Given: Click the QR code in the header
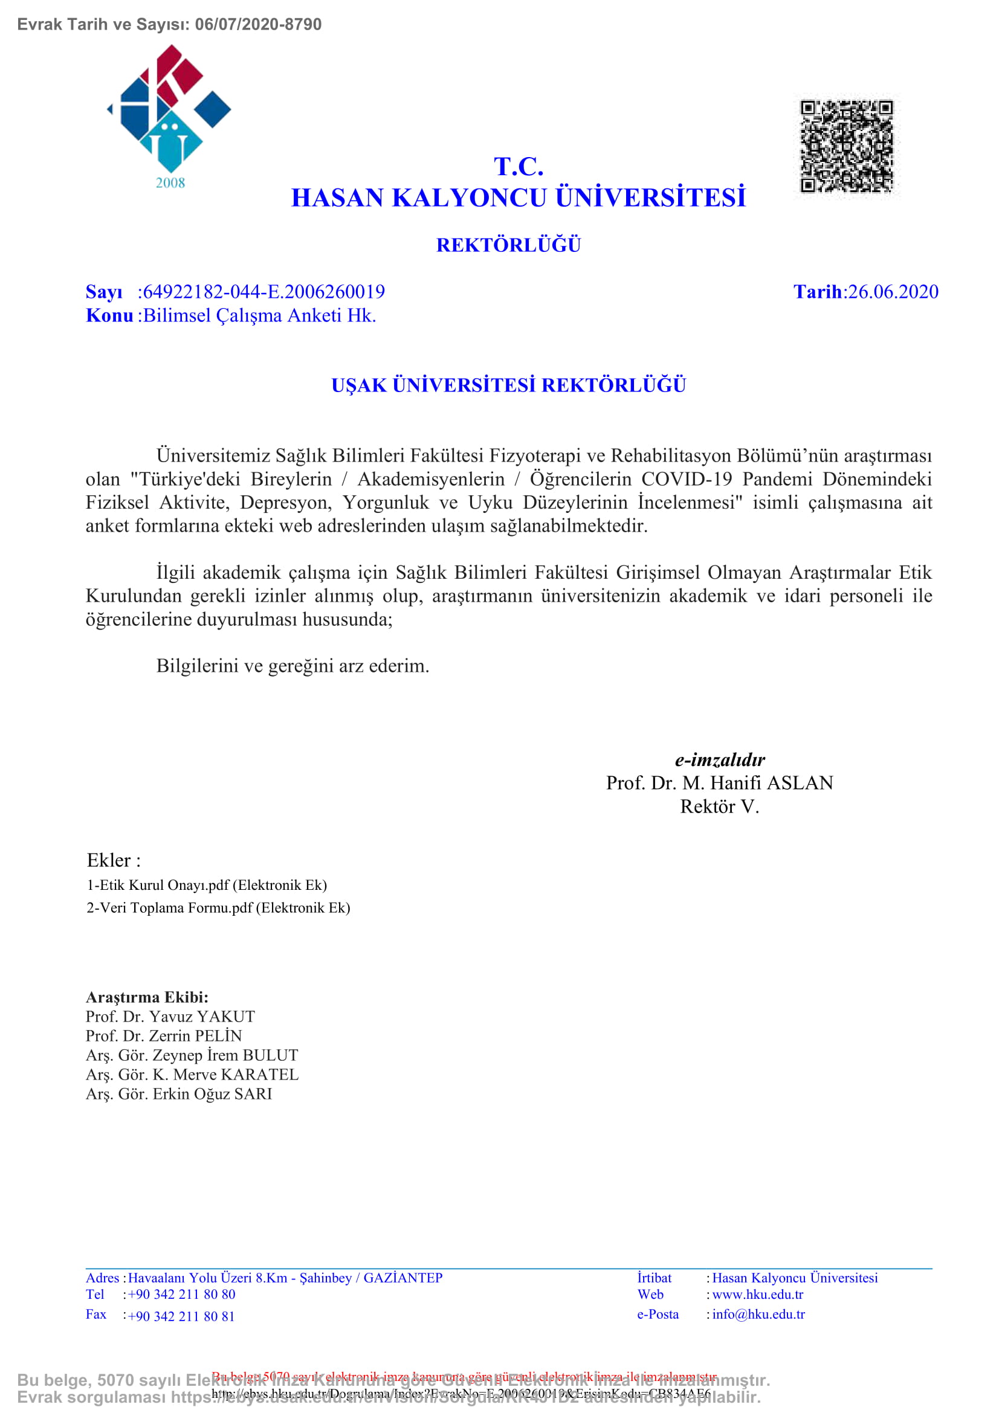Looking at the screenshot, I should click(x=846, y=146).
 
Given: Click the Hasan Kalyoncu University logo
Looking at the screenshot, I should click(x=169, y=108).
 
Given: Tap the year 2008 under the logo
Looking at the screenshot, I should click(x=170, y=183).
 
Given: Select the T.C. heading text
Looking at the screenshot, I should click(x=519, y=167).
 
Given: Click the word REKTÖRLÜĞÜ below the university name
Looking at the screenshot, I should click(x=508, y=245).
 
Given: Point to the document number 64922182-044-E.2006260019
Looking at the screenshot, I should click(x=264, y=292).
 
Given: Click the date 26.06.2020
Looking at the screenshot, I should click(x=893, y=292).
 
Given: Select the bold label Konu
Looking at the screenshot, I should click(x=109, y=315).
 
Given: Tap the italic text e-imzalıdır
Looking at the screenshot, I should click(x=720, y=760).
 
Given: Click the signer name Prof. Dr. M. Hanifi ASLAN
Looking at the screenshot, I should click(x=720, y=783).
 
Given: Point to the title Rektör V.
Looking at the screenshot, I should click(x=720, y=806).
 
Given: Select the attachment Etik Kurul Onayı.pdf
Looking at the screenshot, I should click(x=207, y=885).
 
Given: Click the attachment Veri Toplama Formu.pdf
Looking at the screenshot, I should click(x=219, y=908).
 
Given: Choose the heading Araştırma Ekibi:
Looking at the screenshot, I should click(x=147, y=997).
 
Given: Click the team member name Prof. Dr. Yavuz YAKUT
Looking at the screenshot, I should click(x=170, y=1017).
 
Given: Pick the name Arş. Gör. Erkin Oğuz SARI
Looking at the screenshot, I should click(x=179, y=1093).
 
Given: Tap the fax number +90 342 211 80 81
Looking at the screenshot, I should click(x=181, y=1316).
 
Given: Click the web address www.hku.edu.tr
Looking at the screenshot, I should click(x=758, y=1294).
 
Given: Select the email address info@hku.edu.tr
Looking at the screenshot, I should click(x=758, y=1315).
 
